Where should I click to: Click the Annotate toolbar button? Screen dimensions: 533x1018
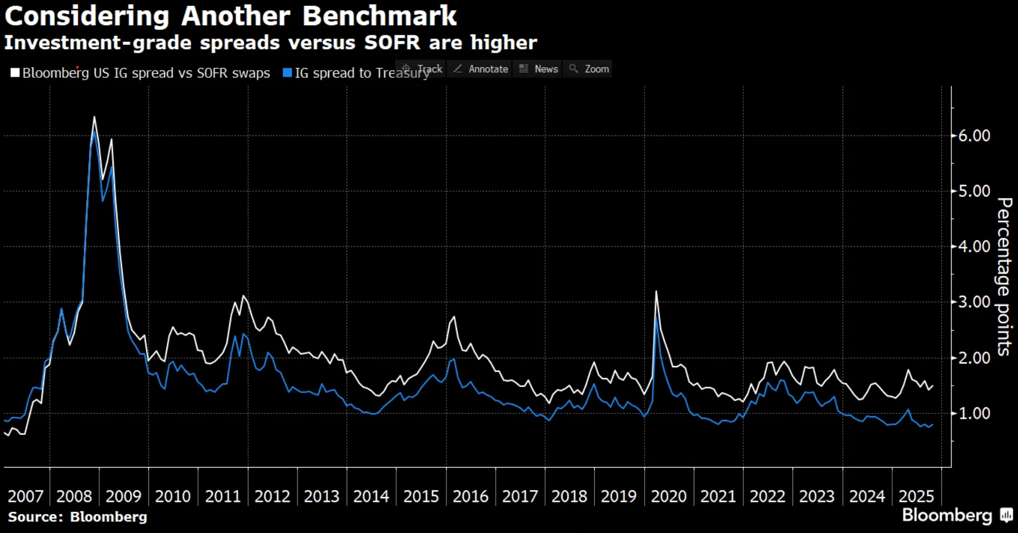[x=481, y=69]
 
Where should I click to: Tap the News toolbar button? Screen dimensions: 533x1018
[x=539, y=69]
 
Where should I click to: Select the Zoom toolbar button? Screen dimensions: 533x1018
[x=589, y=69]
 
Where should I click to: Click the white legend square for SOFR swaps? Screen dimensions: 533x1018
[x=15, y=73]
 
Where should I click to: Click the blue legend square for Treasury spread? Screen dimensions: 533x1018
[x=287, y=73]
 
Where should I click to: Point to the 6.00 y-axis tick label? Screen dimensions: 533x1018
[x=974, y=136]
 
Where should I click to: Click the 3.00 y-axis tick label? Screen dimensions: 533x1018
[x=974, y=302]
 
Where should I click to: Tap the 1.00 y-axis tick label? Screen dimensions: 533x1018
[x=974, y=413]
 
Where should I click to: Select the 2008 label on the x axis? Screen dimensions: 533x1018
[x=74, y=496]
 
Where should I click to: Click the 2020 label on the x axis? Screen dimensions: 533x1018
[x=668, y=496]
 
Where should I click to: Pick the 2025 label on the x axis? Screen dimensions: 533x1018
[x=916, y=496]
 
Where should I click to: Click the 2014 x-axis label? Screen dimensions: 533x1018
[x=371, y=496]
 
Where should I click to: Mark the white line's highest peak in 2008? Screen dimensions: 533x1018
[x=94, y=117]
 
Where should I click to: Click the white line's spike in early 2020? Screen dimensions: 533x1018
[x=657, y=292]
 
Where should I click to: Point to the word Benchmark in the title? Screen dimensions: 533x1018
[x=379, y=16]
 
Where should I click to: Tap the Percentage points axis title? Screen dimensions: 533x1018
[x=1004, y=277]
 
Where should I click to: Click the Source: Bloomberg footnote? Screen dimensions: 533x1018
[x=77, y=517]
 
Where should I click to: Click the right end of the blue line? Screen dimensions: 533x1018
[x=932, y=425]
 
